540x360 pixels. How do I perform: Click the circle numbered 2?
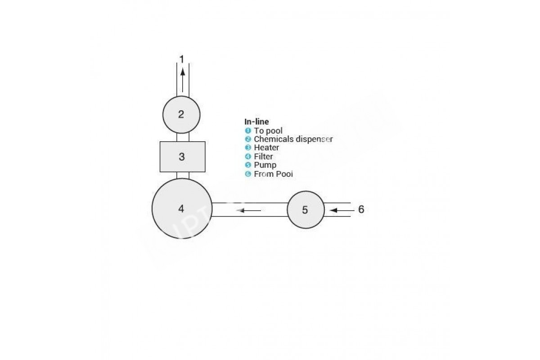pos(181,115)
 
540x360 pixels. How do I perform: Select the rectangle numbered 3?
pos(183,157)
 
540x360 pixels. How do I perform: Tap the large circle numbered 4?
pos(182,208)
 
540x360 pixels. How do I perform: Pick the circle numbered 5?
pos(306,210)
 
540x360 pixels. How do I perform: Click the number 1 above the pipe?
pos(182,59)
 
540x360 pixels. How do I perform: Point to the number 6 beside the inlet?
pos(361,209)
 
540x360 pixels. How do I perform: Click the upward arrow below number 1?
pos(183,80)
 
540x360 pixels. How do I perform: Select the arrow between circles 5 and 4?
pos(249,211)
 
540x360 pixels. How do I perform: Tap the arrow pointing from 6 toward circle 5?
pos(342,211)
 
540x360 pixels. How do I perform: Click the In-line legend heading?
pos(256,121)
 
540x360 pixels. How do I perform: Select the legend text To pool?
pos(268,130)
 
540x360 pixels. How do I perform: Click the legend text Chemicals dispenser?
pos(293,139)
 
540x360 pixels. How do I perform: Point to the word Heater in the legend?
pos(266,148)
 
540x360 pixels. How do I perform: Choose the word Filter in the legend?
pos(263,157)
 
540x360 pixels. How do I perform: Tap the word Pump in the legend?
pos(265,165)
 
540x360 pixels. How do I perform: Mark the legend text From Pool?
pos(274,174)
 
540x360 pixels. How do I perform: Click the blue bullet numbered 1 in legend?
pos(248,130)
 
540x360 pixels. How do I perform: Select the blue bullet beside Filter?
pos(248,157)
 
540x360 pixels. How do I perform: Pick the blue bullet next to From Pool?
pos(248,174)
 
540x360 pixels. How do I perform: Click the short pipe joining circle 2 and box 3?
pos(183,137)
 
